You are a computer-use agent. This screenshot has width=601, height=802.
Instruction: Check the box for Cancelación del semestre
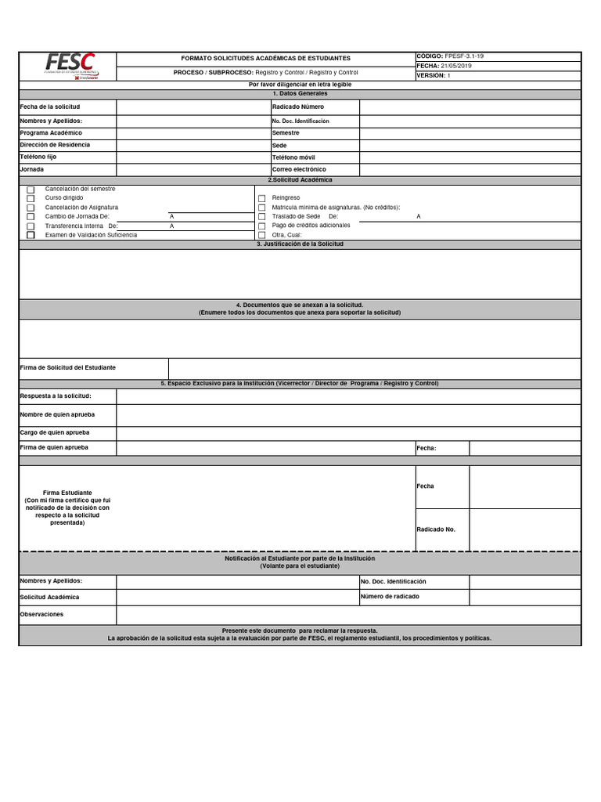click(x=31, y=190)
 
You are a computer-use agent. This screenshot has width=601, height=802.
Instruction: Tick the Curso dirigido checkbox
click(x=31, y=199)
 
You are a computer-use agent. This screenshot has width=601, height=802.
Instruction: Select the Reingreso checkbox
click(x=262, y=199)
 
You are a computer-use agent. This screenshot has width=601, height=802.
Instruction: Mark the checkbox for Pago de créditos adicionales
click(x=262, y=226)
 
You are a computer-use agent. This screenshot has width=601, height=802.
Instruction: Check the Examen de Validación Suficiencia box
click(x=31, y=235)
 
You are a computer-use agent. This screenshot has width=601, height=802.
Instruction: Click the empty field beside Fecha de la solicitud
click(x=193, y=107)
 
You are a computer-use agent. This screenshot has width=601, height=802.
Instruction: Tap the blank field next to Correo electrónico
click(x=470, y=169)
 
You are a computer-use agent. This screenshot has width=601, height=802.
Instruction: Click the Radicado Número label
click(x=298, y=107)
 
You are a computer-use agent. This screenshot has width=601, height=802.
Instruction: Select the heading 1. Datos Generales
click(x=300, y=93)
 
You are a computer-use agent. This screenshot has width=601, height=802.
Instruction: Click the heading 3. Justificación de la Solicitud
click(x=300, y=244)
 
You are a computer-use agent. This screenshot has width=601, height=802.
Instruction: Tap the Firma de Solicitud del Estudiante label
click(x=68, y=367)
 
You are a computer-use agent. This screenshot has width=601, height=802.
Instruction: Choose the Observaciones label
click(x=42, y=615)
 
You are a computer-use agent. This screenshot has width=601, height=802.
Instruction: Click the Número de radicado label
click(x=390, y=597)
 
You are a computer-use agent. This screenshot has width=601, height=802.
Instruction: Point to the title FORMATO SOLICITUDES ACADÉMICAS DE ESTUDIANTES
click(x=266, y=59)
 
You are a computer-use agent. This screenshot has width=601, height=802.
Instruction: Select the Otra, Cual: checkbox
click(x=262, y=235)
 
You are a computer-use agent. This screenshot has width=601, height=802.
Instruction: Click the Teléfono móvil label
click(x=294, y=157)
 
